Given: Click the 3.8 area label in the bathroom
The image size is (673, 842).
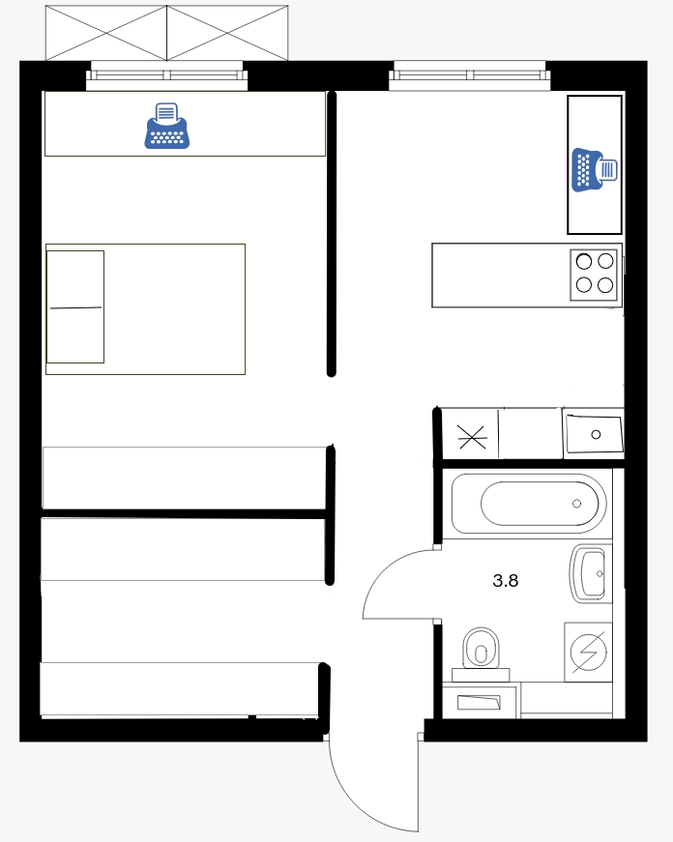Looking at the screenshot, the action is [506, 580].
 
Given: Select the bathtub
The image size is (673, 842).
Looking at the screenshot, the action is [529, 503].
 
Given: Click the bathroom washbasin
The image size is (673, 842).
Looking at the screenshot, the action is [591, 573].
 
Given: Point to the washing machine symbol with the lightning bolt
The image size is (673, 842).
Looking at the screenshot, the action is [588, 652].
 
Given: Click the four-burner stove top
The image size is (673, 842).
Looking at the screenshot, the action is [594, 275].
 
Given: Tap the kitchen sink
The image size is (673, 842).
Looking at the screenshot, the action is [594, 434].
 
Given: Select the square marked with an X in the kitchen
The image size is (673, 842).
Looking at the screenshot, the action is [472, 436].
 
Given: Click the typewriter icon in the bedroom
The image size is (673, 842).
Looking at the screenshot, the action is [167, 126].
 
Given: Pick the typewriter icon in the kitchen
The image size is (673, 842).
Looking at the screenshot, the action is [595, 170].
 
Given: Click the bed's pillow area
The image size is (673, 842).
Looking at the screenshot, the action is [75, 306].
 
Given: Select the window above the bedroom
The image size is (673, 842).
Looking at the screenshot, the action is [167, 75].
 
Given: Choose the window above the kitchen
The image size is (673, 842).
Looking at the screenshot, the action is [469, 75].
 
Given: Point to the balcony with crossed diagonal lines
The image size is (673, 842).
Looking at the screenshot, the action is [166, 33].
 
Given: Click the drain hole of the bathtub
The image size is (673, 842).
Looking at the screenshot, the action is [577, 504].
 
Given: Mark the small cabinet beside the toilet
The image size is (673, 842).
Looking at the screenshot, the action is [479, 701].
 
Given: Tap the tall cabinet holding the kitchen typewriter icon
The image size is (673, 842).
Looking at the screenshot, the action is [595, 165].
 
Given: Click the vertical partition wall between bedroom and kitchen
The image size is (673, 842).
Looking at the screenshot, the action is [332, 234].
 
